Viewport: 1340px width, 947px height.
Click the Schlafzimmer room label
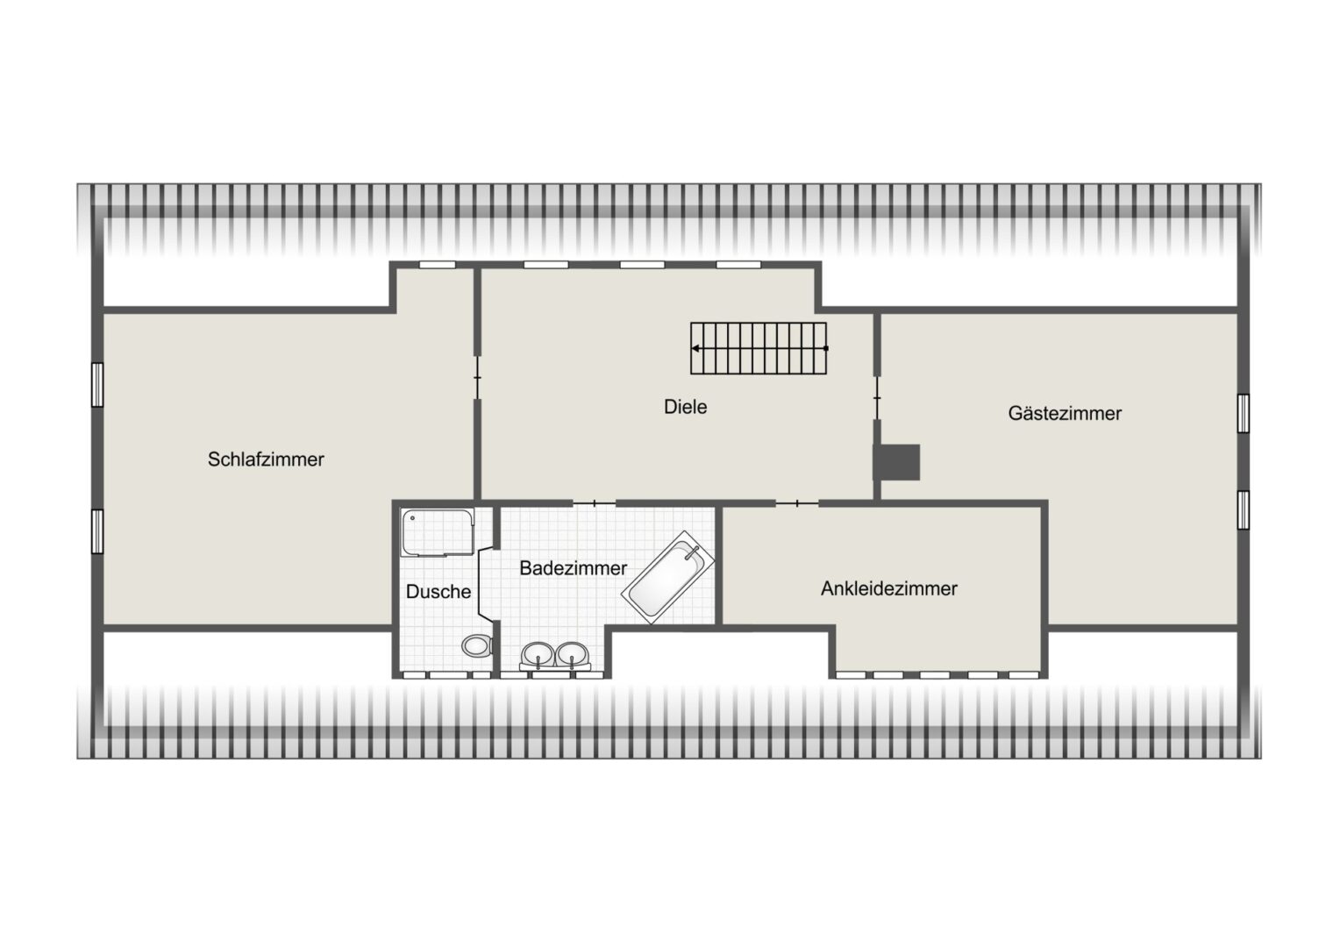click(x=266, y=459)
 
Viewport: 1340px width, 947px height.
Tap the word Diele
click(x=685, y=407)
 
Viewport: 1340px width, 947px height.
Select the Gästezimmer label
click(x=1065, y=413)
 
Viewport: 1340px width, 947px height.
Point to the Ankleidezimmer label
click(x=888, y=588)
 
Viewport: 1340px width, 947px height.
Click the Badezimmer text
click(x=573, y=568)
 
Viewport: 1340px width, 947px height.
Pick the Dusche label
click(x=438, y=592)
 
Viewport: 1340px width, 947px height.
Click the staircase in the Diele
click(x=759, y=348)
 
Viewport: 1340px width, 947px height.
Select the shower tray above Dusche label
click(x=437, y=531)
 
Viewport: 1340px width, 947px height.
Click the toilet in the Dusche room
click(x=477, y=646)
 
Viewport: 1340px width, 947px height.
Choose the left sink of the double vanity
click(x=537, y=654)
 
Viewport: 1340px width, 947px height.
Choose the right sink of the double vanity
click(x=573, y=654)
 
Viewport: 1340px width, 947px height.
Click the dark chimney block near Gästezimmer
click(x=897, y=462)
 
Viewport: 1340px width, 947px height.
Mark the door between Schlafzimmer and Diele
click(x=477, y=378)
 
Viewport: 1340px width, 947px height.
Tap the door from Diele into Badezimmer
click(x=595, y=502)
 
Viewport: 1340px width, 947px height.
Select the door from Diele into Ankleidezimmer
click(x=797, y=502)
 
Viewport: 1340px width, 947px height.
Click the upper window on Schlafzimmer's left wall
click(x=97, y=385)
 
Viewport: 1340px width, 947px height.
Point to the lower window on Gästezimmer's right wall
click(x=1243, y=509)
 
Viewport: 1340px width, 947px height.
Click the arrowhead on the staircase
click(x=695, y=348)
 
